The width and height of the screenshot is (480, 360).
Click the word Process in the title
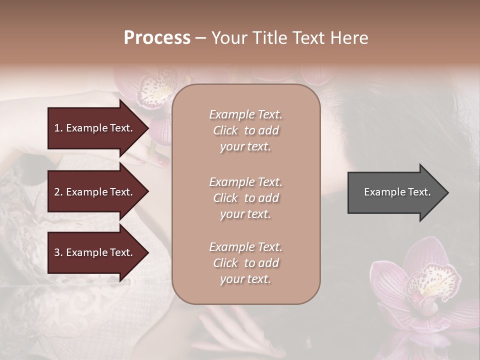point(157,38)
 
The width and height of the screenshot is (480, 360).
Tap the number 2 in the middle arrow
point(57,192)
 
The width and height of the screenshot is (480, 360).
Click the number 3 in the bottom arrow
point(57,252)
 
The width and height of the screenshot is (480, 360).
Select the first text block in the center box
point(245,130)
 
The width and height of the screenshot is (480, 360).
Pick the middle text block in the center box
point(245,198)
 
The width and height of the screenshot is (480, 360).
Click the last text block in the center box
point(245,263)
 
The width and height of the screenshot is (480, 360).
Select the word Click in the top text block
point(225,130)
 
